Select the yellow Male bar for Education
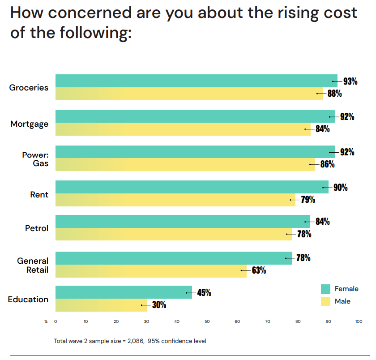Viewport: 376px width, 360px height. click(x=101, y=305)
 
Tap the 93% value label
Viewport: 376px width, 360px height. click(x=350, y=81)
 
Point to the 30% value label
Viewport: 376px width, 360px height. click(x=159, y=305)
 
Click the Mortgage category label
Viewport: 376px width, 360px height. click(x=30, y=124)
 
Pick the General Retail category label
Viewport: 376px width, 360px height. click(x=33, y=266)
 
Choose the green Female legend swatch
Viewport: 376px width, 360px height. click(x=325, y=289)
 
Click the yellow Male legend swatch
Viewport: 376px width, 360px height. click(x=325, y=301)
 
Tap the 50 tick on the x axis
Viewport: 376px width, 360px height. click(x=207, y=321)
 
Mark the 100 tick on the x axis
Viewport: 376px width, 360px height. click(x=359, y=321)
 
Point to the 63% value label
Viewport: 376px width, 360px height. click(x=259, y=270)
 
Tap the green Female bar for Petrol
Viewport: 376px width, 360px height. click(x=183, y=221)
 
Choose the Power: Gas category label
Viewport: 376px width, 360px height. click(x=35, y=159)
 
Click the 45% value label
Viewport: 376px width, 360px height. click(x=204, y=293)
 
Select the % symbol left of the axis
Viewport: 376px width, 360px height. click(x=46, y=321)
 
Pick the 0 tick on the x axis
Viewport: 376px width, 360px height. click(x=56, y=321)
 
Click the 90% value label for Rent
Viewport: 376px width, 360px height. click(x=340, y=187)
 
